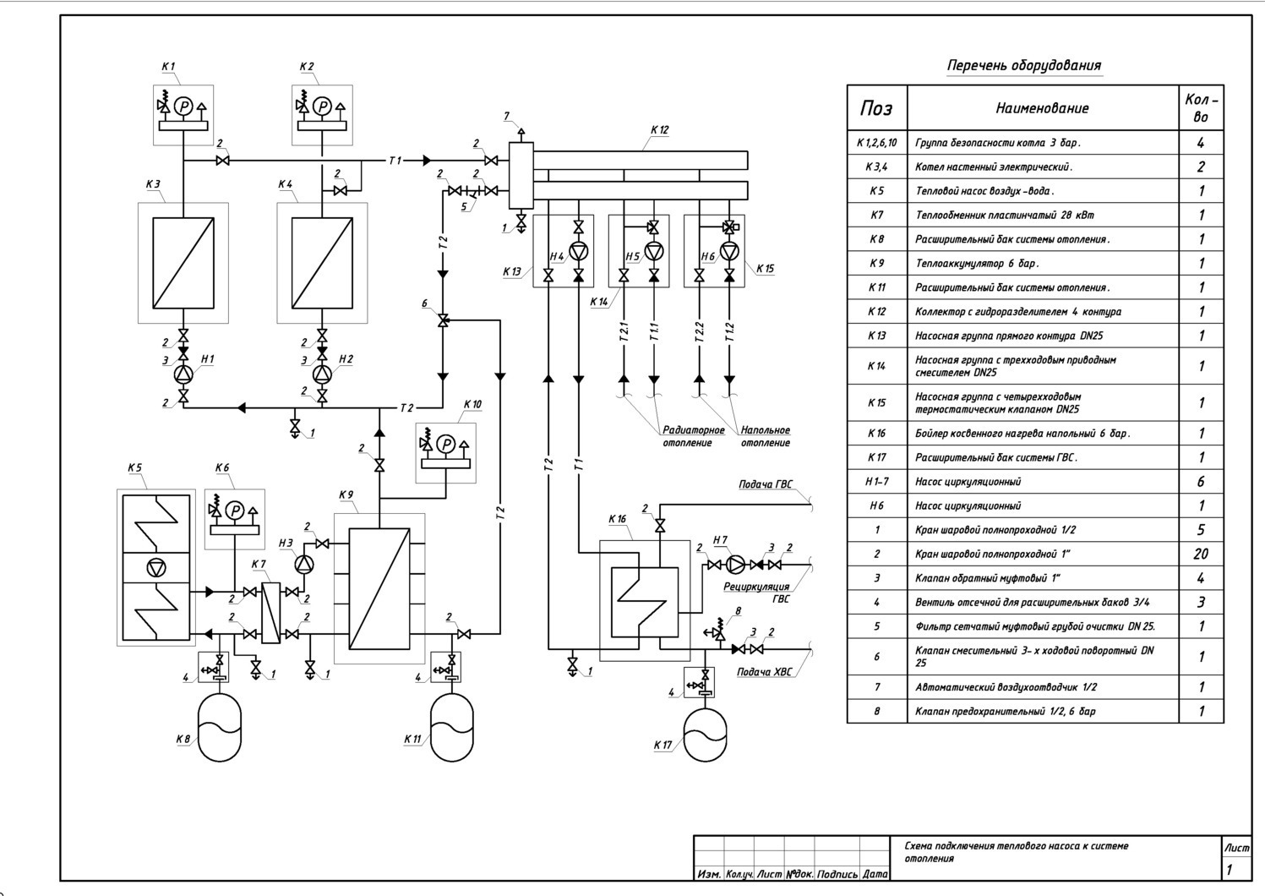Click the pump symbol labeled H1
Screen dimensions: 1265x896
pyautogui.click(x=183, y=374)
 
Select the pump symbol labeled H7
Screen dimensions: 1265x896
pyautogui.click(x=736, y=564)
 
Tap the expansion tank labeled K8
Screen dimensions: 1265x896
pyautogui.click(x=220, y=728)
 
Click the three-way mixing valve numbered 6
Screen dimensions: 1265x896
pyautogui.click(x=443, y=321)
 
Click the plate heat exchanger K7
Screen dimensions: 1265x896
pyautogui.click(x=271, y=613)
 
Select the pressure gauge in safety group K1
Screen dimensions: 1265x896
pyautogui.click(x=183, y=107)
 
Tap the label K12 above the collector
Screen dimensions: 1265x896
pyautogui.click(x=659, y=130)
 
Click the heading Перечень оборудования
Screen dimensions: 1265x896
pyautogui.click(x=1024, y=66)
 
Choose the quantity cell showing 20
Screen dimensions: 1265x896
pyautogui.click(x=1201, y=554)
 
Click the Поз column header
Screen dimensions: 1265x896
pyautogui.click(x=876, y=108)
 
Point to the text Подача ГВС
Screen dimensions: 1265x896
pyautogui.click(x=766, y=484)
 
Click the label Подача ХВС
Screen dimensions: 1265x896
pyautogui.click(x=764, y=672)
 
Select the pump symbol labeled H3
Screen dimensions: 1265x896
pyautogui.click(x=304, y=564)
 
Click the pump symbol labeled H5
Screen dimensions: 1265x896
pyautogui.click(x=654, y=251)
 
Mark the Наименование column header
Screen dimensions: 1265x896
pyautogui.click(x=1042, y=108)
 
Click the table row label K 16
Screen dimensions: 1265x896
pyautogui.click(x=876, y=434)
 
